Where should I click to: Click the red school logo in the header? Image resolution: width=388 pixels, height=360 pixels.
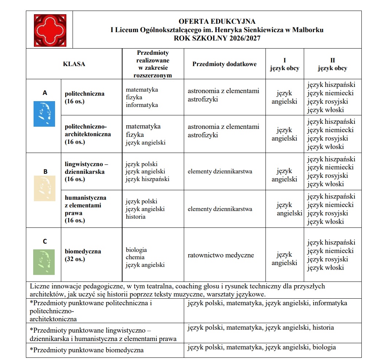[50, 30]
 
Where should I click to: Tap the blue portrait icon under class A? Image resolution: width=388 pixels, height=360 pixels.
[44, 114]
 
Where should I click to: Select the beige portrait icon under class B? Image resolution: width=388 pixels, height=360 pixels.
[44, 188]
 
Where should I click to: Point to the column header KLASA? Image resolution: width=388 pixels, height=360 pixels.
[74, 64]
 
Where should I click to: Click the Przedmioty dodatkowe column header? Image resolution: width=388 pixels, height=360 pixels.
[224, 64]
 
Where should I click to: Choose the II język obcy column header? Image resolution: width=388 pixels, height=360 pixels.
[332, 64]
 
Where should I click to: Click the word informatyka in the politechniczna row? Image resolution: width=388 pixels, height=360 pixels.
[142, 105]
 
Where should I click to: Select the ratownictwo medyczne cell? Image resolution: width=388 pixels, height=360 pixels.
[221, 255]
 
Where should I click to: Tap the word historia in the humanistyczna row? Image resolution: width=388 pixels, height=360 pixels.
[136, 217]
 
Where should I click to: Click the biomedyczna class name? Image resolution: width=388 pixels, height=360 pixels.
[83, 252]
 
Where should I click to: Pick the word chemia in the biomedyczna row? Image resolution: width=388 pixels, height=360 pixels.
[135, 257]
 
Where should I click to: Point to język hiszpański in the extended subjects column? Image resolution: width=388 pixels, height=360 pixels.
[147, 179]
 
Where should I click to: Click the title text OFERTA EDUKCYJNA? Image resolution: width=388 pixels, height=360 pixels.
[217, 22]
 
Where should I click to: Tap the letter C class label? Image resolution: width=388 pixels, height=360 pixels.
[44, 241]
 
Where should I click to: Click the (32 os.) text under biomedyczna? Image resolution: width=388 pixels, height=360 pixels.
[75, 259]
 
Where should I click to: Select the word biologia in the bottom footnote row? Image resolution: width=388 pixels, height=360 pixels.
[324, 347]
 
